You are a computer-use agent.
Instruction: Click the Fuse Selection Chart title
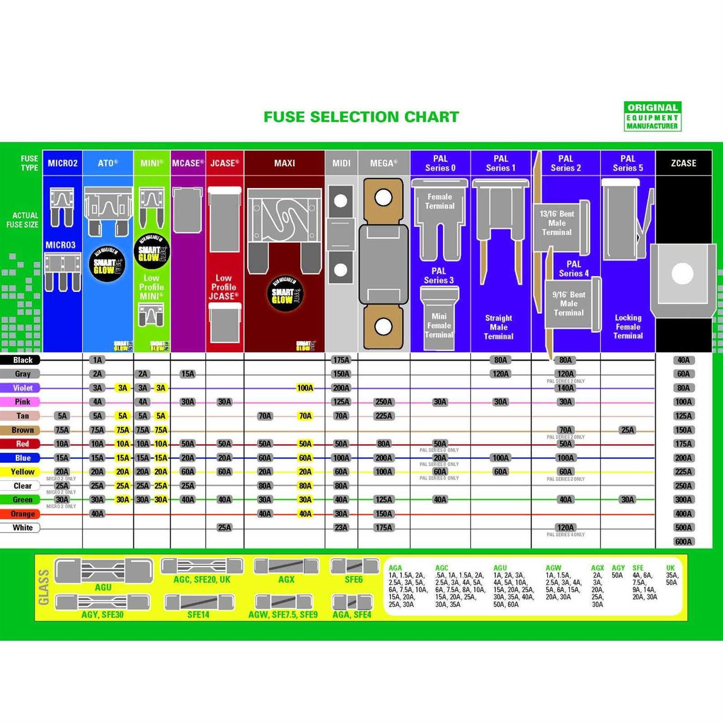[361, 117]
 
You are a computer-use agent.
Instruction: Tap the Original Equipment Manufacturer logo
[652, 116]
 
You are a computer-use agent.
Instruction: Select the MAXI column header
[284, 163]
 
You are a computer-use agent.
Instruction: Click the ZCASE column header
[683, 163]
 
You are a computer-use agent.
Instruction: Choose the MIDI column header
[341, 163]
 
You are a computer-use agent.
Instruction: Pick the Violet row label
[22, 388]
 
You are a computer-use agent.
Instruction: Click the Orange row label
[22, 514]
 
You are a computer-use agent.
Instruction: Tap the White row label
[22, 528]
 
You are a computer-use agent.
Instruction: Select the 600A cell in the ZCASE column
[683, 542]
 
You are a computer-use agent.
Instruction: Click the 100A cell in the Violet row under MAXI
[305, 388]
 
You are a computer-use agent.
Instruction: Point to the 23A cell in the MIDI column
[341, 528]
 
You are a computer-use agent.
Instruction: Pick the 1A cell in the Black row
[97, 360]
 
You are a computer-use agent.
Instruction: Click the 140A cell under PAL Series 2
[565, 388]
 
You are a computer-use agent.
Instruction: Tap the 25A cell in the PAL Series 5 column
[628, 430]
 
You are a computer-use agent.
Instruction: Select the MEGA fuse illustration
[383, 263]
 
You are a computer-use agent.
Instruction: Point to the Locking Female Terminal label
[628, 327]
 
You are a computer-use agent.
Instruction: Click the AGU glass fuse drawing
[103, 571]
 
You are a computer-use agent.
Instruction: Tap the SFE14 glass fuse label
[198, 615]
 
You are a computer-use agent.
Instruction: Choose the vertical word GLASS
[44, 587]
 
